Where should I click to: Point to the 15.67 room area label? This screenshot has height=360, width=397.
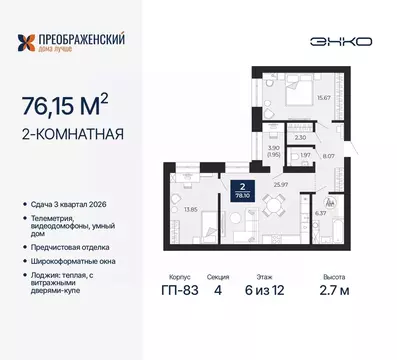pos(323,97)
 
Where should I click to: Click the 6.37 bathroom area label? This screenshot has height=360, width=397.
pos(321,211)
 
